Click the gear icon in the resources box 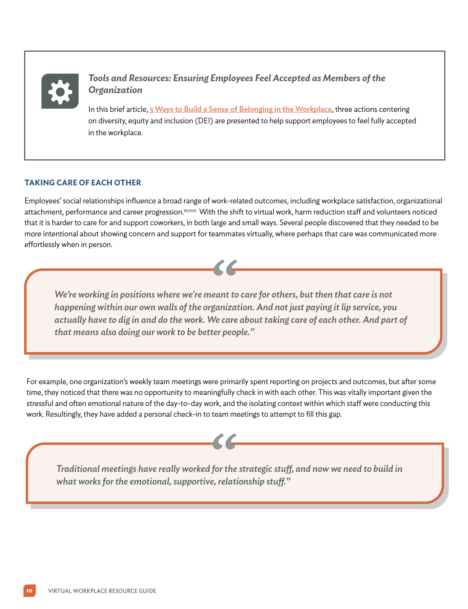[60, 91]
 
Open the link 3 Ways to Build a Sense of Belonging [241, 109]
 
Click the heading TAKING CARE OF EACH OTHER [83, 183]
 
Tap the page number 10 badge [29, 591]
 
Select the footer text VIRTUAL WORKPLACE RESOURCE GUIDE [102, 591]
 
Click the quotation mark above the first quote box [225, 267]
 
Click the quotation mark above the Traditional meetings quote [224, 441]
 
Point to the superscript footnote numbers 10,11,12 [190, 211]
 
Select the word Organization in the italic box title [115, 90]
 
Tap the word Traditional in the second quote [78, 469]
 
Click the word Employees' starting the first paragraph [43, 201]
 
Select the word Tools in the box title [99, 78]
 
